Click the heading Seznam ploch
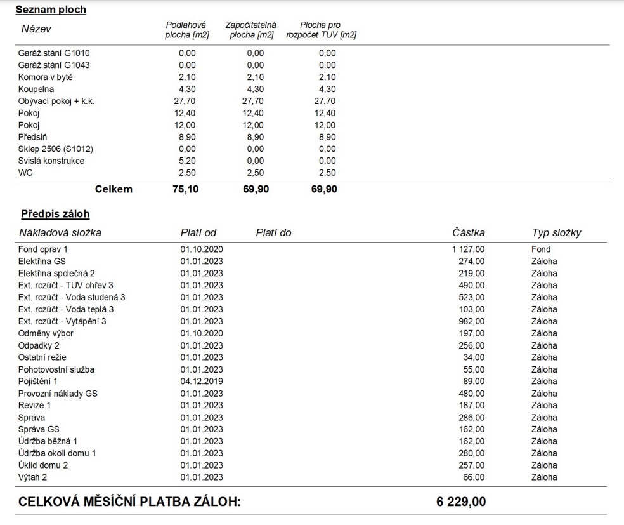tap(51, 10)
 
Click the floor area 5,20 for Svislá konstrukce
tap(186, 161)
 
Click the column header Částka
tap(468, 233)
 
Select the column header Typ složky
tap(556, 233)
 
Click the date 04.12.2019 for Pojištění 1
tap(202, 381)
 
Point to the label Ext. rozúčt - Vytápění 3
tap(62, 321)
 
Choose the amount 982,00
tap(471, 321)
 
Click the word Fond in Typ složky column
tap(541, 249)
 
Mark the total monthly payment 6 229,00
tap(461, 502)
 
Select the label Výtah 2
tap(34, 477)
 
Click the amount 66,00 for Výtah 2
tap(474, 477)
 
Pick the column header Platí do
tap(273, 233)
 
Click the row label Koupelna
tap(37, 89)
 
